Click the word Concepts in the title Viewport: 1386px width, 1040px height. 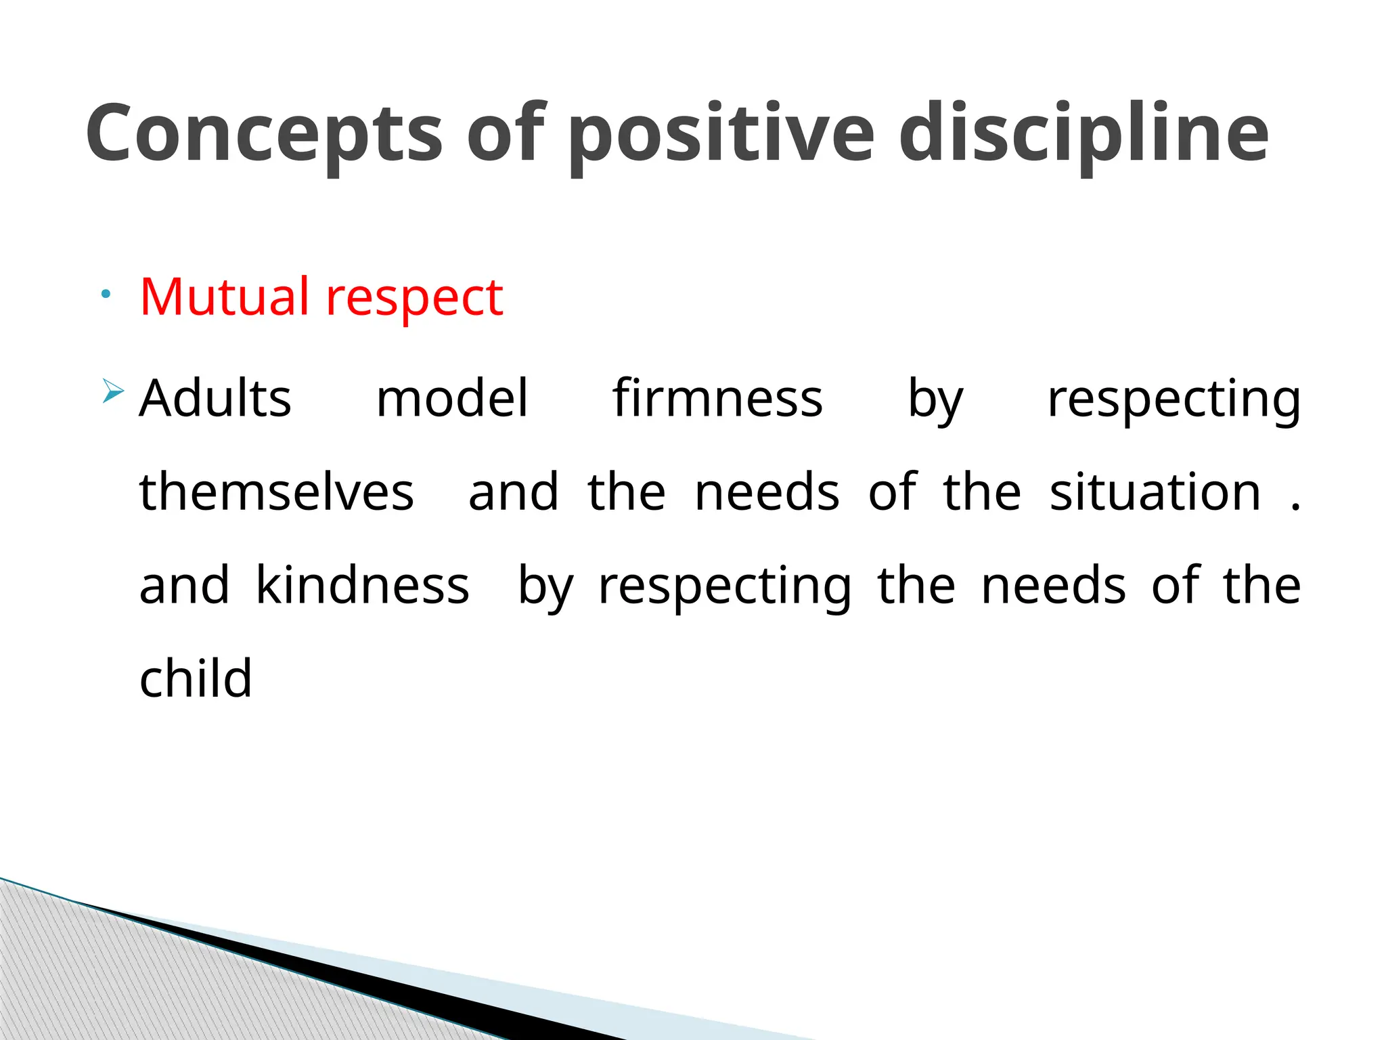point(264,133)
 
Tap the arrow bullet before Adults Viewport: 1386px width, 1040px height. point(113,392)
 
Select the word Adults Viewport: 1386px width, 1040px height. point(215,399)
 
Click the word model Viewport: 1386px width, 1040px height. point(451,399)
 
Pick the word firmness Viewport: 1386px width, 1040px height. point(717,399)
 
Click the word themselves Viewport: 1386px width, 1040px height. point(276,492)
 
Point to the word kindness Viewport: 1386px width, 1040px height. point(363,586)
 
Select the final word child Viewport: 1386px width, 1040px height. point(196,678)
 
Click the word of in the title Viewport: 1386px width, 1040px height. point(506,133)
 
